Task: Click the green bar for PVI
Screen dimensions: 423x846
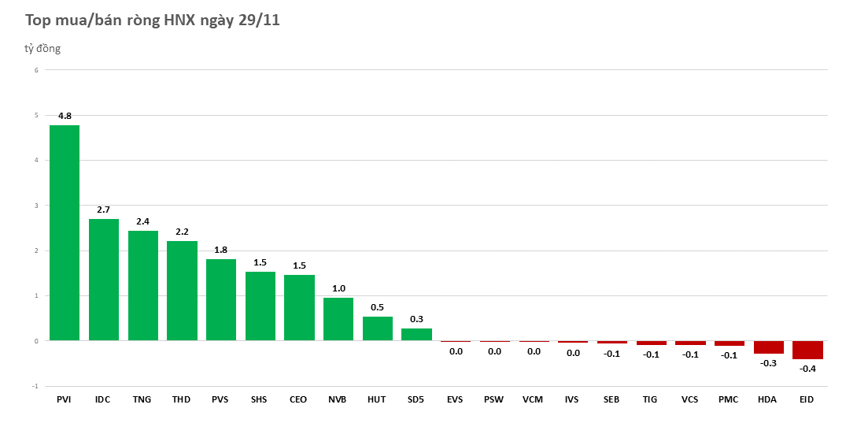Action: click(64, 233)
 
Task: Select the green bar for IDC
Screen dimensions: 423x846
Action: click(103, 280)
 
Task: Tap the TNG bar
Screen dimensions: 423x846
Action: click(142, 286)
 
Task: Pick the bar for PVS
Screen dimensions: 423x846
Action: click(220, 300)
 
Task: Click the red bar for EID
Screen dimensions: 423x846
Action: click(807, 350)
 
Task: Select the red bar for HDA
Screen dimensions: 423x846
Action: click(768, 347)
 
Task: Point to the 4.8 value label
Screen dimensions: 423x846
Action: click(65, 116)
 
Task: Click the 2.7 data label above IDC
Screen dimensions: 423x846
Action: click(103, 210)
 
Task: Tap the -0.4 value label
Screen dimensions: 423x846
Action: click(807, 369)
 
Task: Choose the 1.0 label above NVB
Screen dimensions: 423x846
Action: click(338, 288)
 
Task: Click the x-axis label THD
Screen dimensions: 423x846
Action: click(182, 399)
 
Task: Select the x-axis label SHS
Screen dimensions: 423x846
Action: click(260, 399)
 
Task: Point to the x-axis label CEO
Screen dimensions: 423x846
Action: click(299, 399)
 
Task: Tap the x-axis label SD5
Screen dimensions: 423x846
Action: click(416, 399)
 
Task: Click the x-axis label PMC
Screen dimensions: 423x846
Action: click(729, 399)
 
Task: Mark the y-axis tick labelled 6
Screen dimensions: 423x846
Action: click(35, 70)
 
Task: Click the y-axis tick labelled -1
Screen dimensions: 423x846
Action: click(34, 386)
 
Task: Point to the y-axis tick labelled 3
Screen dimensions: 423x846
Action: click(35, 206)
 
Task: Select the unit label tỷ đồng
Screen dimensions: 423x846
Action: click(42, 49)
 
